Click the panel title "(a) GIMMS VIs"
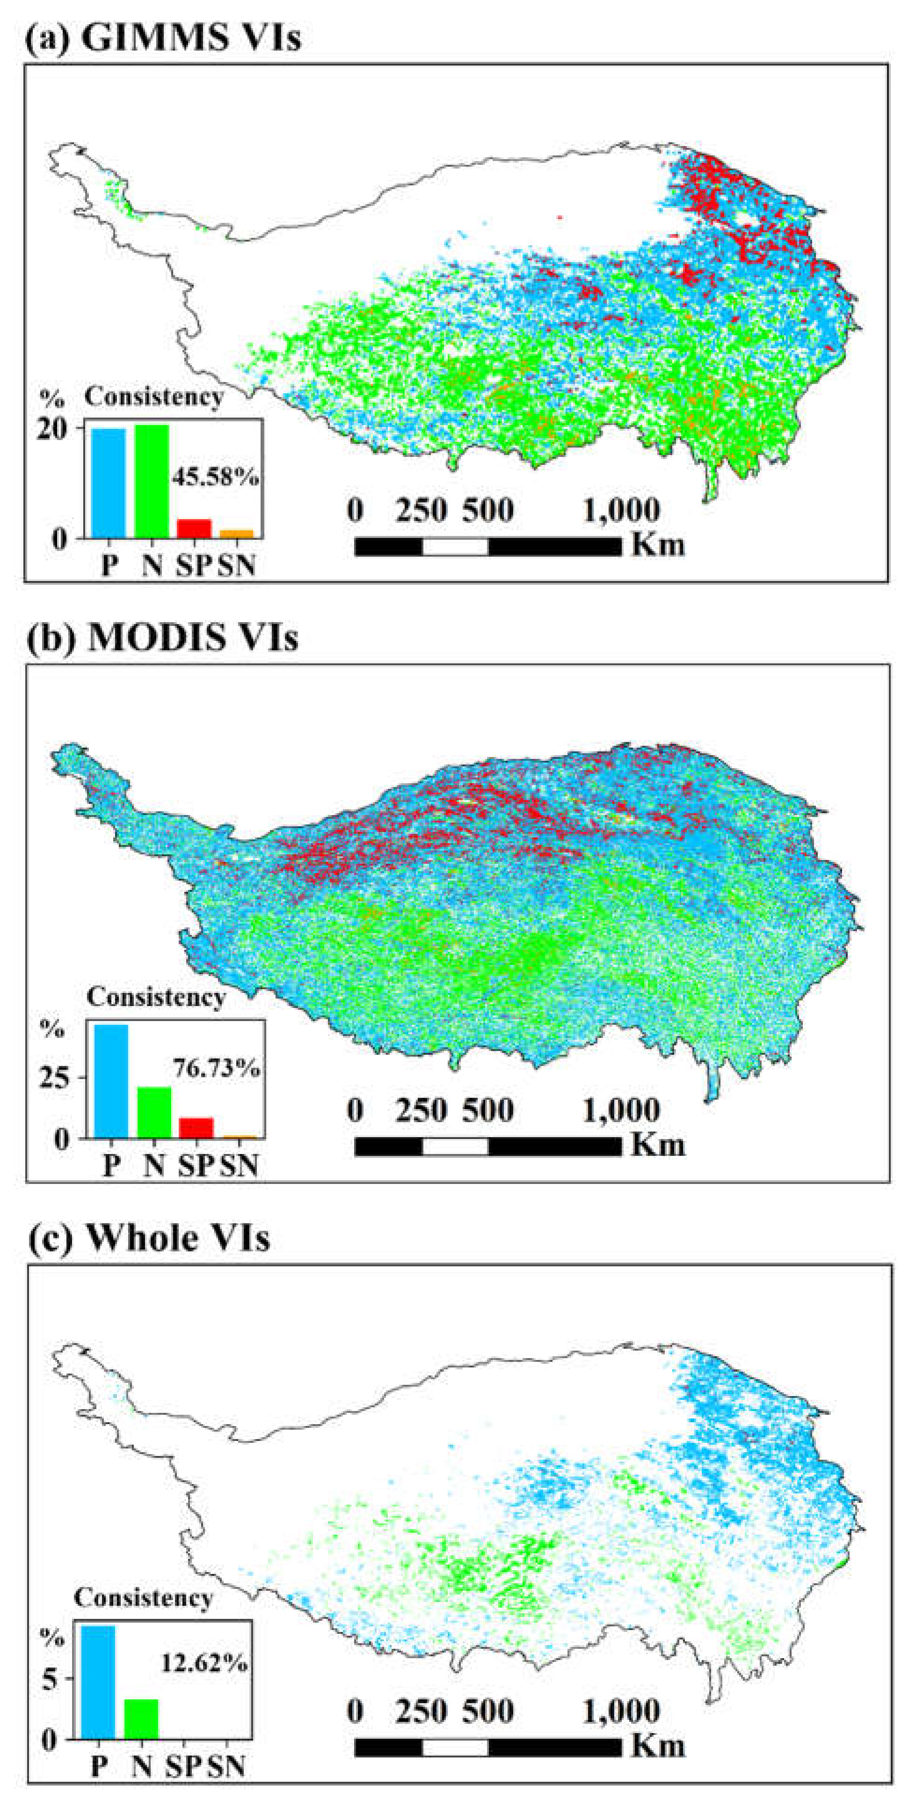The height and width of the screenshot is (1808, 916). pos(163,37)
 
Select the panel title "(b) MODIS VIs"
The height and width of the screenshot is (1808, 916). pos(163,637)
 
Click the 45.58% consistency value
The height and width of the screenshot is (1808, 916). pos(215,478)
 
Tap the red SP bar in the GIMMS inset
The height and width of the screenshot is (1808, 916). pos(194,528)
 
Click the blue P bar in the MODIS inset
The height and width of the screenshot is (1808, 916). pos(111,1081)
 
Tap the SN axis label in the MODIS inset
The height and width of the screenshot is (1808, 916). pos(239,1166)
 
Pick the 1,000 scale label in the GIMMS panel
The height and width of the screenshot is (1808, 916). pos(621,510)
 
